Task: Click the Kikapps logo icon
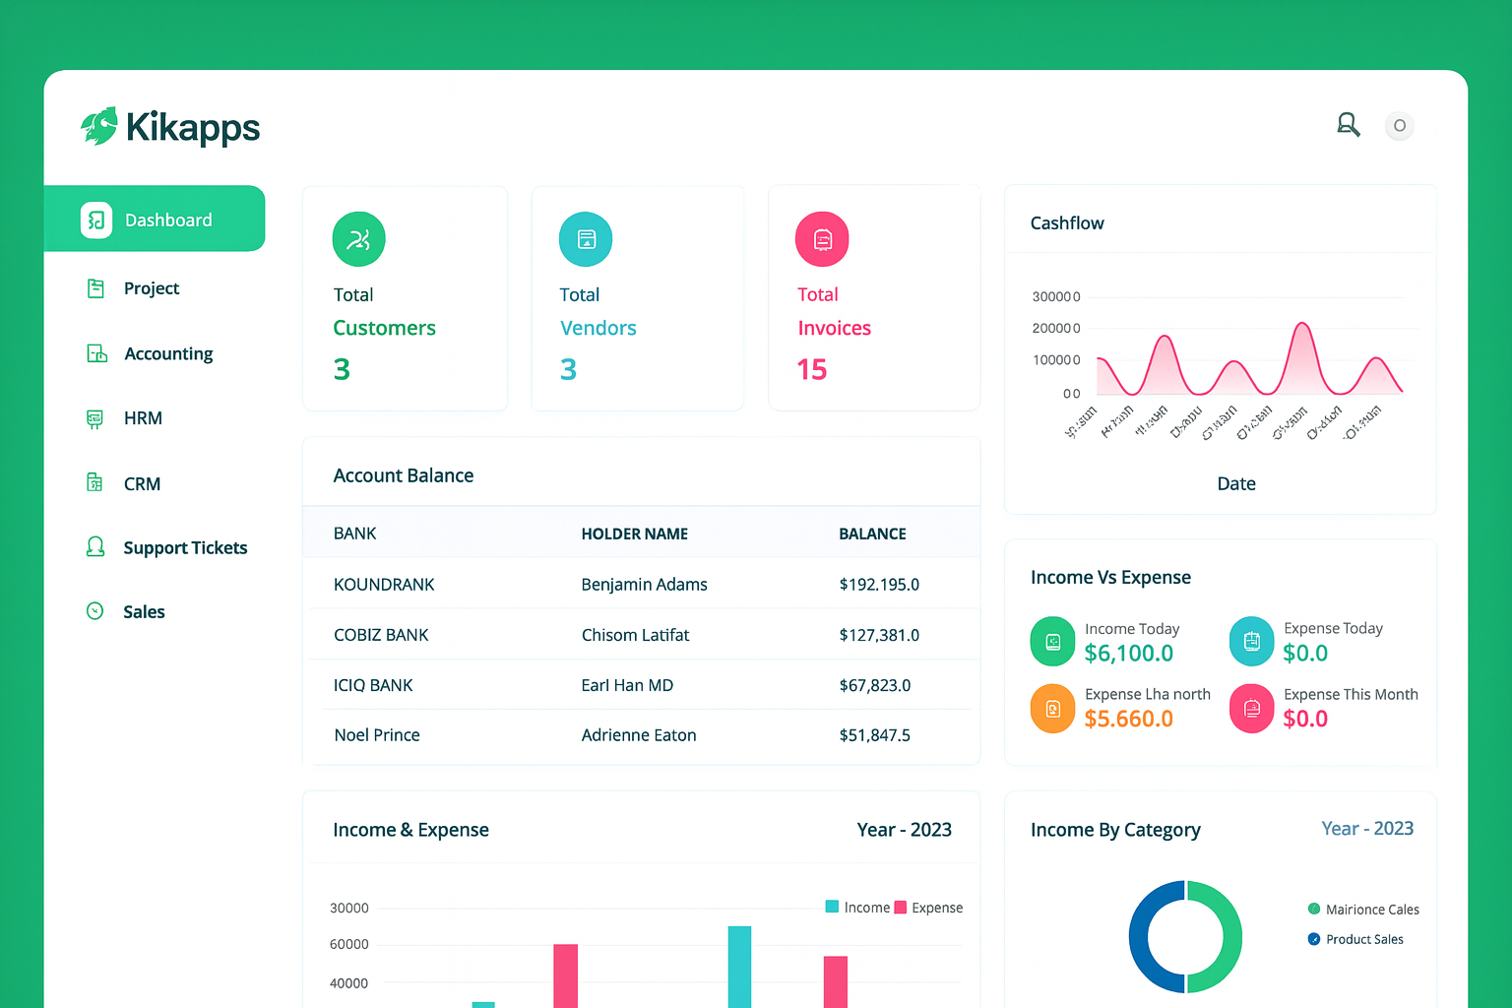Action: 99,126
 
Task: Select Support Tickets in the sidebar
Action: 184,548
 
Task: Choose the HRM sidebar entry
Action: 143,418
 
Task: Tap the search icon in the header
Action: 1348,125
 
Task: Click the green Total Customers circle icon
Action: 358,239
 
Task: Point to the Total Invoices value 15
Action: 812,369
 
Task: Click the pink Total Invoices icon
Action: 822,239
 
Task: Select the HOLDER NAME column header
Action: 634,534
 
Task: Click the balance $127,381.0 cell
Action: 879,635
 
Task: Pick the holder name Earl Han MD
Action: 627,685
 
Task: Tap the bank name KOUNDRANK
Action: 384,585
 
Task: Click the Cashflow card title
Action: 1067,223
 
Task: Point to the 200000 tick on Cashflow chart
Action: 1055,328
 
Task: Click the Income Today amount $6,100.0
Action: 1128,654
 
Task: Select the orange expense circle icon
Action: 1052,709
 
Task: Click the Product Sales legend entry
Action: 1363,939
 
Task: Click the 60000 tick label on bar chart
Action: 348,944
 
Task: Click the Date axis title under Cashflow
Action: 1236,483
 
